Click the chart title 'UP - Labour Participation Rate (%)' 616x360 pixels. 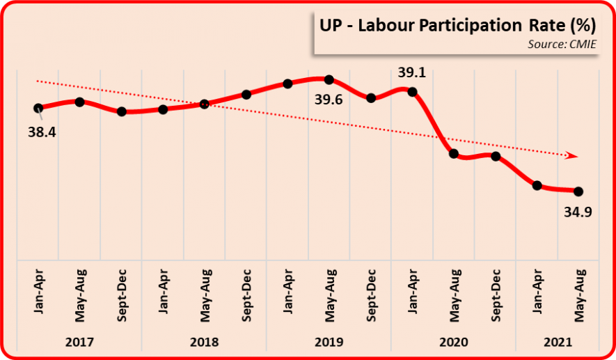tap(457, 26)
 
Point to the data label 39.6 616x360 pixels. tap(329, 100)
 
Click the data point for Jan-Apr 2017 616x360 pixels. tap(38, 108)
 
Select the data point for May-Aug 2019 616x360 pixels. tap(329, 79)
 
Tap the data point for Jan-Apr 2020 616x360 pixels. tap(412, 91)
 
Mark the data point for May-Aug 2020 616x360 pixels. tap(454, 154)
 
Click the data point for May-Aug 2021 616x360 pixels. tap(578, 191)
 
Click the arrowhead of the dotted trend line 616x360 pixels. tap(573, 155)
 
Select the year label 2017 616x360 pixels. tap(79, 342)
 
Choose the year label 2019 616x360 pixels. tap(329, 342)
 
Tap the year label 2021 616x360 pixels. tap(558, 342)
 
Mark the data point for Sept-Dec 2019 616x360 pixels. tap(371, 98)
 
